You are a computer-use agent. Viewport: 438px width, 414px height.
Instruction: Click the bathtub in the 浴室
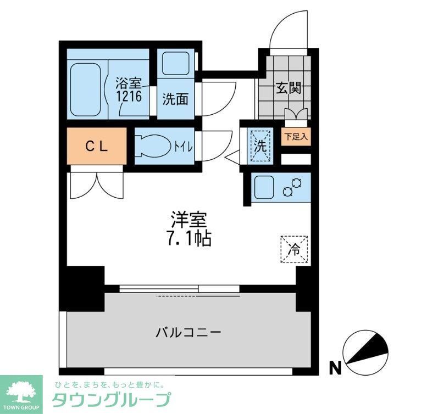click(85, 90)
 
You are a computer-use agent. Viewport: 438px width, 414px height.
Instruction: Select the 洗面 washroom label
click(175, 99)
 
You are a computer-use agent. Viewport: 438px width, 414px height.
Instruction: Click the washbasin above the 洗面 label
click(176, 65)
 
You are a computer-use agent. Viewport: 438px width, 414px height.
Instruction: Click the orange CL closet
click(97, 146)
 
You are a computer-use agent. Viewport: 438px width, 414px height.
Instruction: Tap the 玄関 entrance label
click(287, 88)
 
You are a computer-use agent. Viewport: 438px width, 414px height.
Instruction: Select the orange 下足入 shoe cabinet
click(296, 136)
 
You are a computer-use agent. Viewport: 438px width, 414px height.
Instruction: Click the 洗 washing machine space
click(259, 146)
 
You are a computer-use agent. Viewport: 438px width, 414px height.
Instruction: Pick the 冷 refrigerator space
click(294, 250)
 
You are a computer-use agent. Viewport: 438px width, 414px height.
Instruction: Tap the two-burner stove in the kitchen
click(292, 188)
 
